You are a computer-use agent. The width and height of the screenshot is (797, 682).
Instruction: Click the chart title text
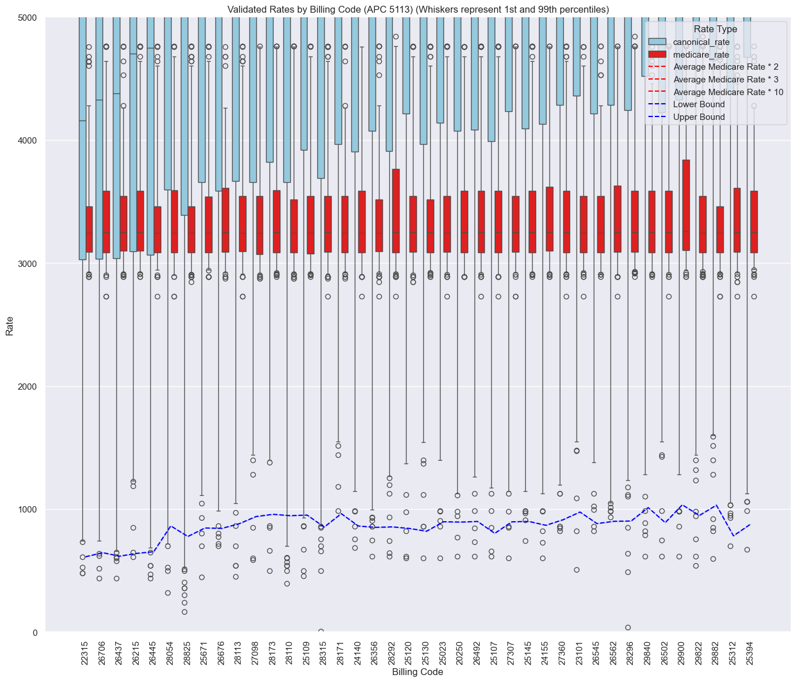pos(418,9)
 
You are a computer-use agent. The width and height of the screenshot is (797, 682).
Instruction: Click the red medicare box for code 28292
pos(396,211)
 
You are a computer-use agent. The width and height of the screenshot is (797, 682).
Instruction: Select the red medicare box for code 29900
pos(686,205)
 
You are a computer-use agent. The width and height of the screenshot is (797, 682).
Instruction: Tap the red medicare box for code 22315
pos(89,229)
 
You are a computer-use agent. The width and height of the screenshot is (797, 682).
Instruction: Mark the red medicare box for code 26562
pos(617,219)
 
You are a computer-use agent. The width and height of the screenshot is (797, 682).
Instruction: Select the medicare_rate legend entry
pos(713,55)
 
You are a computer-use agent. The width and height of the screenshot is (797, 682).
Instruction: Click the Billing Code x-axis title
pos(418,672)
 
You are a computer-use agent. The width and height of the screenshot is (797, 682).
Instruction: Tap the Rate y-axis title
pos(9,325)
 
